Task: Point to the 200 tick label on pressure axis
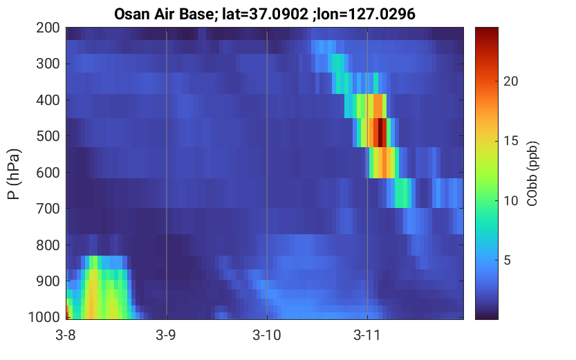(x=48, y=28)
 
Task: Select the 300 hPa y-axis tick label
(x=48, y=64)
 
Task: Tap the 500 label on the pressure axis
(x=48, y=136)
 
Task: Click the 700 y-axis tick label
(x=48, y=209)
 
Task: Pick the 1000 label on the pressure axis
(x=44, y=317)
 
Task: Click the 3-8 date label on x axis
(x=66, y=335)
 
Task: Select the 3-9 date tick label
(x=166, y=335)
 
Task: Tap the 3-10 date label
(x=267, y=335)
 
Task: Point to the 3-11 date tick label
(x=366, y=335)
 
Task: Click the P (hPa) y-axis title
(x=14, y=174)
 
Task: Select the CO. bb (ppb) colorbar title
(x=532, y=174)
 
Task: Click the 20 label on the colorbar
(x=510, y=82)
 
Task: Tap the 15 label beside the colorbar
(x=510, y=141)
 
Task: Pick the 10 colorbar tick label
(x=510, y=201)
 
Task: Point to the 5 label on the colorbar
(x=508, y=260)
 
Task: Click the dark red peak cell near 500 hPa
(x=380, y=133)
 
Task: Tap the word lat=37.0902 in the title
(x=266, y=15)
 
